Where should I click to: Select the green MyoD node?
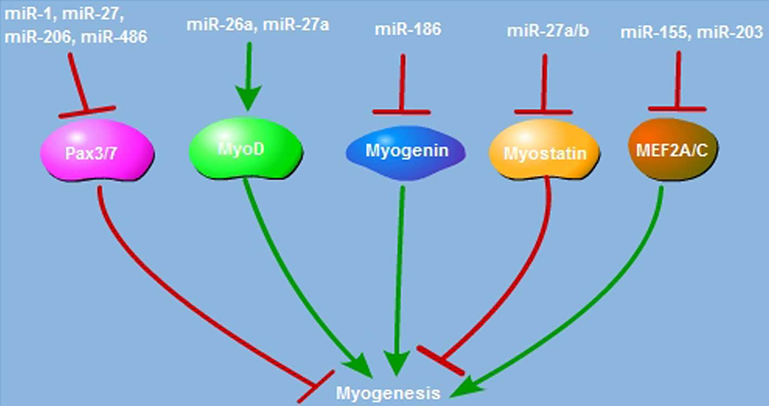[245, 148]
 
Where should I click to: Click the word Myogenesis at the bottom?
[388, 393]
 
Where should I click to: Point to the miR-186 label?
[408, 29]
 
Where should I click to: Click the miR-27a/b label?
[547, 31]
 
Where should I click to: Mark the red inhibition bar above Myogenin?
[401, 112]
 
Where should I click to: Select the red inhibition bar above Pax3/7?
[87, 111]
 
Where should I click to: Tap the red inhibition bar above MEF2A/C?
[677, 109]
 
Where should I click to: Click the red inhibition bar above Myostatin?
[543, 112]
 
